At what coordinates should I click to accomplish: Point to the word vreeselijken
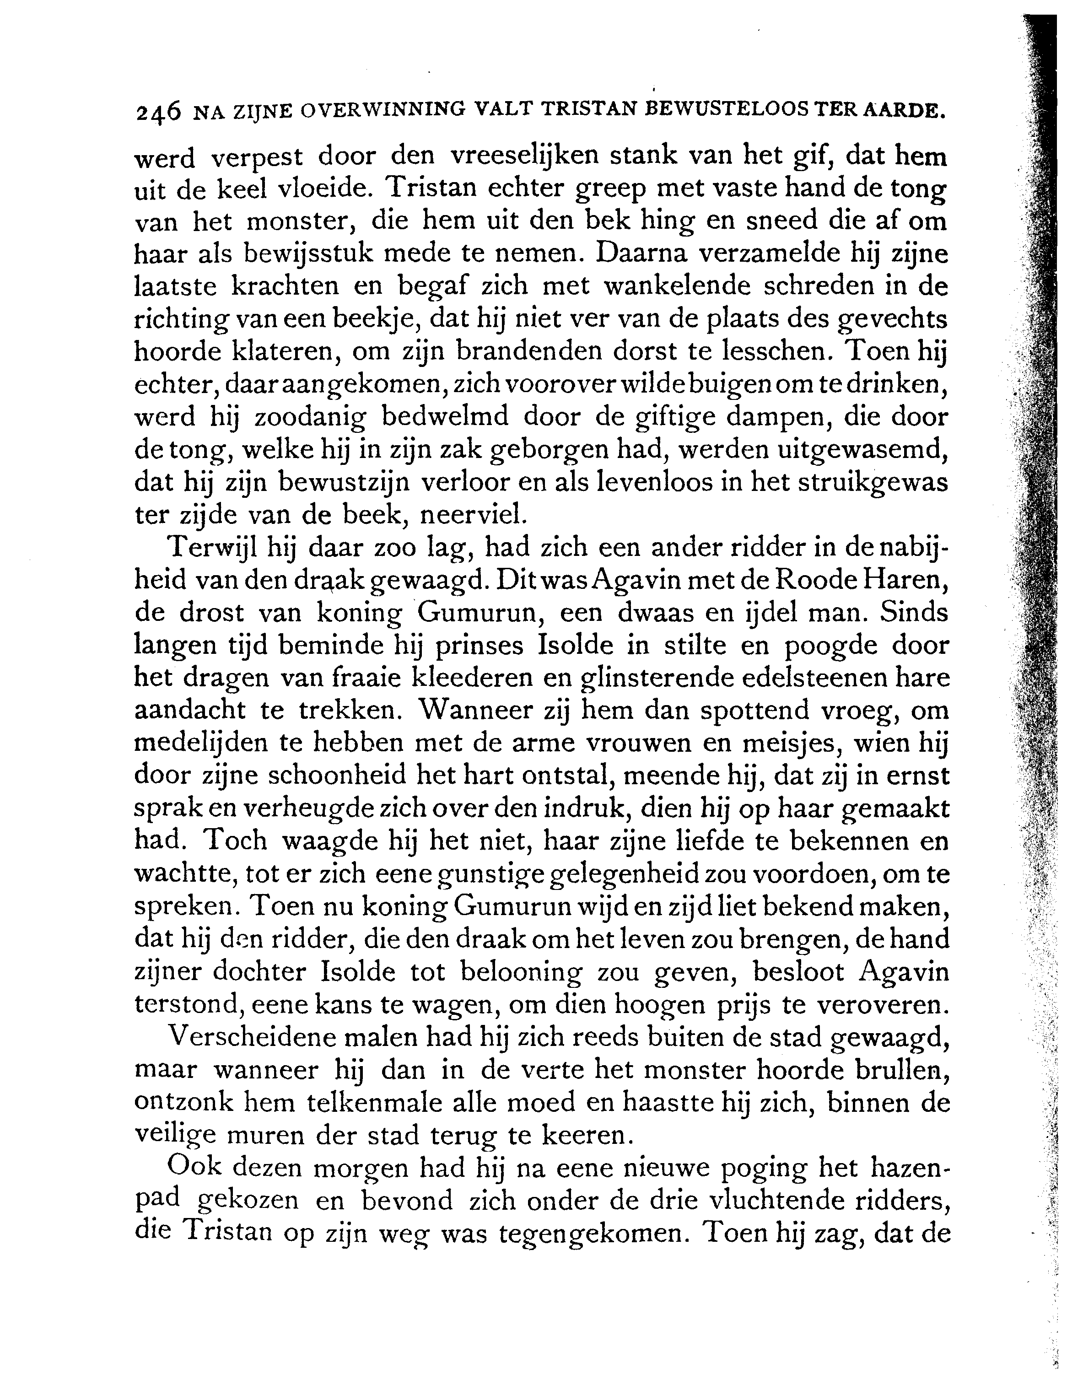[x=524, y=156]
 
